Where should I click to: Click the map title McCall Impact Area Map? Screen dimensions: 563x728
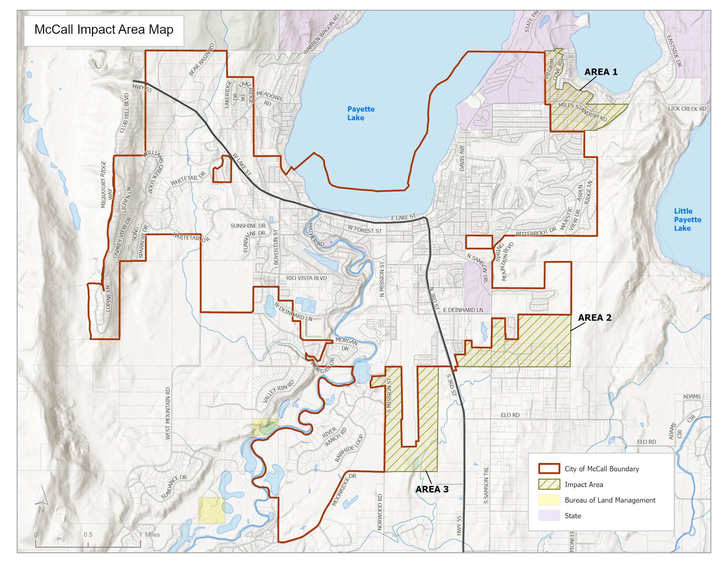[104, 30]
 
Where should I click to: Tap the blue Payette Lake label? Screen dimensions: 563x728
[360, 113]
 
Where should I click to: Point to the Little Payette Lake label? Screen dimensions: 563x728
[687, 220]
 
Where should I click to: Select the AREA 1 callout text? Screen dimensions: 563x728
[601, 72]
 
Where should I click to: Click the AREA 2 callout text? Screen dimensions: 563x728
[594, 318]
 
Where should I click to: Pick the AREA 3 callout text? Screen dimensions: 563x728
[432, 489]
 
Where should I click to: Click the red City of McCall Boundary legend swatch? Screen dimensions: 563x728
[549, 469]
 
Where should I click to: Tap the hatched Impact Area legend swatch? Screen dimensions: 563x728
[549, 484]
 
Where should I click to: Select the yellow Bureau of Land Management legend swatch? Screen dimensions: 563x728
[549, 500]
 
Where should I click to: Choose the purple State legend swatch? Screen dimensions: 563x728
[549, 515]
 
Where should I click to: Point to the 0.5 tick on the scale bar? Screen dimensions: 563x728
[88, 535]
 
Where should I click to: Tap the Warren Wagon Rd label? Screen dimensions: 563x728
[321, 34]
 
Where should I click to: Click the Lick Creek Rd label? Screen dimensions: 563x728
[687, 109]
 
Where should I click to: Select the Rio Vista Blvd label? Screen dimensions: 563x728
[306, 278]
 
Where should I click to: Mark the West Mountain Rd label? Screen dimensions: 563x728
[168, 413]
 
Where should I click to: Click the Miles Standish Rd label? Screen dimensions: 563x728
[583, 112]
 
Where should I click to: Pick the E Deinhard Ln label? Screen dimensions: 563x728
[463, 310]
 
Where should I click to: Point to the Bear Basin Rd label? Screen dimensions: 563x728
[201, 60]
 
